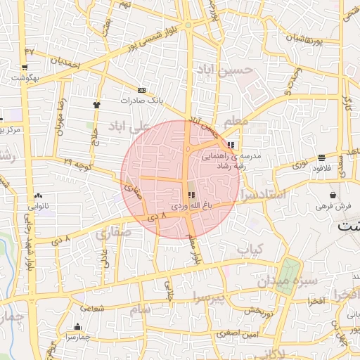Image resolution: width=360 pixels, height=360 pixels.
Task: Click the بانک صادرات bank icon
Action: click(142, 91)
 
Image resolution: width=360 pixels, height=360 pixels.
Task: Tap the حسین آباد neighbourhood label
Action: click(224, 70)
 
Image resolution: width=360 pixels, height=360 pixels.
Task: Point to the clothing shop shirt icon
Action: click(96, 105)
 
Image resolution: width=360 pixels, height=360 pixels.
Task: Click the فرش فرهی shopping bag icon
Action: click(332, 195)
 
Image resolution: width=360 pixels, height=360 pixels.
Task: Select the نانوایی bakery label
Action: click(38, 206)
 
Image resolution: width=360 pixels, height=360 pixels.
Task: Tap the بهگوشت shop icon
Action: click(25, 68)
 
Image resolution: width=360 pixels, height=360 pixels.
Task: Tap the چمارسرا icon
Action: click(77, 327)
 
